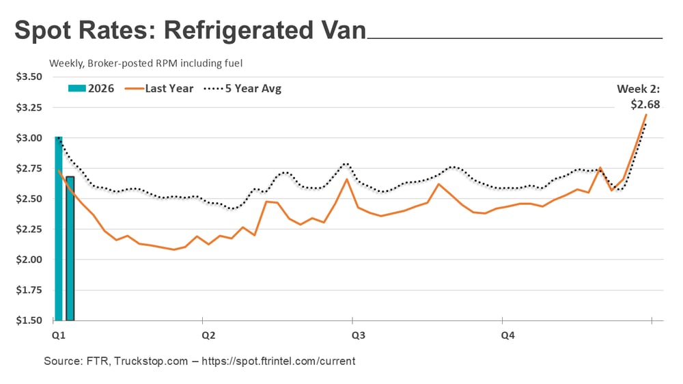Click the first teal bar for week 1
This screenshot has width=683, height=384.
click(x=59, y=229)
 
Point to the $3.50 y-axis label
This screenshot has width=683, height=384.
click(x=29, y=77)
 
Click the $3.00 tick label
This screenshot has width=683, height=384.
click(x=29, y=138)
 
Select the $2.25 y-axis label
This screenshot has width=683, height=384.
click(x=29, y=229)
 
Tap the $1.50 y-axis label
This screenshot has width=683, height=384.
click(x=29, y=320)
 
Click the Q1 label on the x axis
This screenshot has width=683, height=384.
click(x=58, y=335)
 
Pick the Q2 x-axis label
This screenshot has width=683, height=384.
click(x=208, y=335)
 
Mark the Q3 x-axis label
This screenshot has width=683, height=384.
click(x=358, y=335)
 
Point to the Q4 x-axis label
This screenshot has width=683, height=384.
click(x=508, y=335)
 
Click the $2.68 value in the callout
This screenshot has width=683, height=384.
click(x=645, y=105)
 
